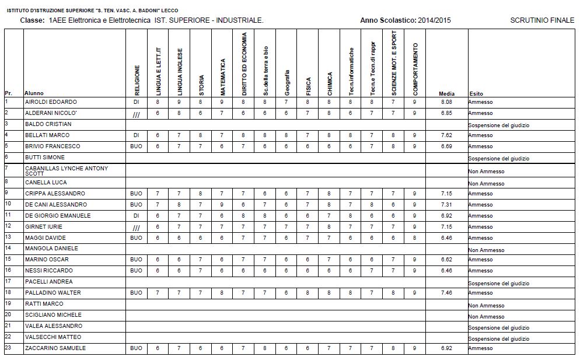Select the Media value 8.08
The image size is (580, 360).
click(x=446, y=102)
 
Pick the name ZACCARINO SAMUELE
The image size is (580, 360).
click(x=55, y=348)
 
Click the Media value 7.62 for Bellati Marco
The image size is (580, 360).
click(x=446, y=135)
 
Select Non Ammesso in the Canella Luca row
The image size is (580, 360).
click(x=486, y=184)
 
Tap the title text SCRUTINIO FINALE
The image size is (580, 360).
click(x=542, y=20)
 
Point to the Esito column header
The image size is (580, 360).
click(x=476, y=93)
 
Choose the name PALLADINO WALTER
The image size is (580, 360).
click(x=53, y=293)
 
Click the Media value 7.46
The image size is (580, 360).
click(x=446, y=293)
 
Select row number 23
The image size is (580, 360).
click(x=8, y=348)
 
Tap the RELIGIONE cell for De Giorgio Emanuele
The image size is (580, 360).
click(x=137, y=216)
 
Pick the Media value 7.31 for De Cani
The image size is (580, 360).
click(x=446, y=205)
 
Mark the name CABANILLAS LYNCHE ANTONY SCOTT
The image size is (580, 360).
click(x=66, y=170)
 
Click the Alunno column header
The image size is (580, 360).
click(x=34, y=93)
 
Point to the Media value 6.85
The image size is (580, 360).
click(x=446, y=113)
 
